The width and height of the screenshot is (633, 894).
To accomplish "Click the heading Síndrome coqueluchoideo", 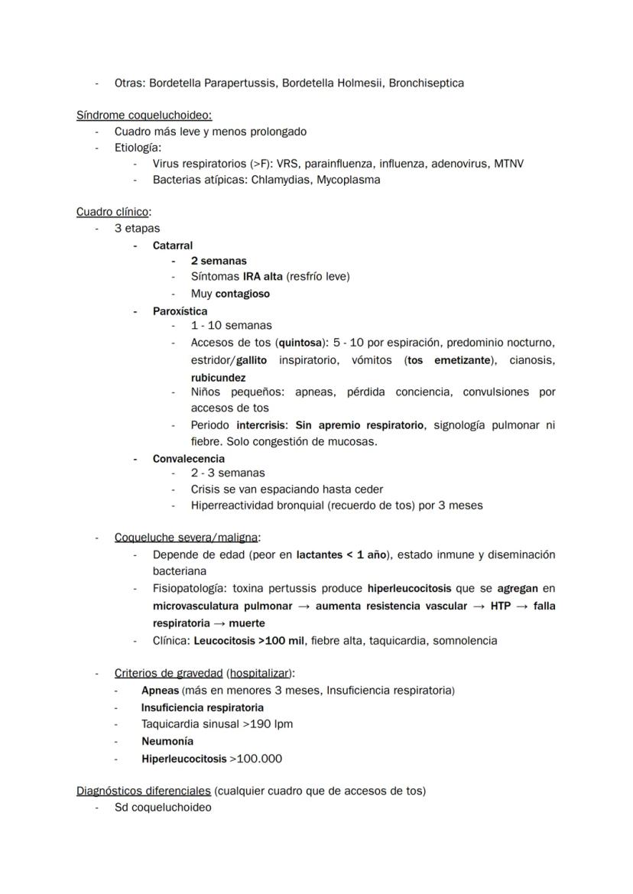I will [144, 115].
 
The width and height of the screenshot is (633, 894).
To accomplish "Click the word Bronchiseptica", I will [426, 83].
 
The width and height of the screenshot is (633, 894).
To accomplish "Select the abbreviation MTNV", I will [508, 164].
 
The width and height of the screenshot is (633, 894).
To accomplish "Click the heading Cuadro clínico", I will [112, 212].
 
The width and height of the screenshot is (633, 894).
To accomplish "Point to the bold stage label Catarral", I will [173, 245].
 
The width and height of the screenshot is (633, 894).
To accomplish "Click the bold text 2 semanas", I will [219, 261].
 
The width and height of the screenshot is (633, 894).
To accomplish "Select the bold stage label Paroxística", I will [180, 311].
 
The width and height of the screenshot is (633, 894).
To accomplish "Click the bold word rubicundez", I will [218, 377].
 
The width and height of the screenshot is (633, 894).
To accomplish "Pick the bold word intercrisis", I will [261, 425].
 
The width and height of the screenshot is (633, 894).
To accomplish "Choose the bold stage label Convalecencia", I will [188, 459].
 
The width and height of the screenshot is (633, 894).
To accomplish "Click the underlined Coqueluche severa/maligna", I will [186, 538].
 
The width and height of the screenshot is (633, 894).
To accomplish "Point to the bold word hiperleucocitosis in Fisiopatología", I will [409, 590].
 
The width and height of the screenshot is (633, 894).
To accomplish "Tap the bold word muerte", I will [246, 623].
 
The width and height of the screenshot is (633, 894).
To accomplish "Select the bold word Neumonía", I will [167, 741].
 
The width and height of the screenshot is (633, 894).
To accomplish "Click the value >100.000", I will [255, 759].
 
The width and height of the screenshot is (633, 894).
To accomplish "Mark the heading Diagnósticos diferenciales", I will [143, 791].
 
